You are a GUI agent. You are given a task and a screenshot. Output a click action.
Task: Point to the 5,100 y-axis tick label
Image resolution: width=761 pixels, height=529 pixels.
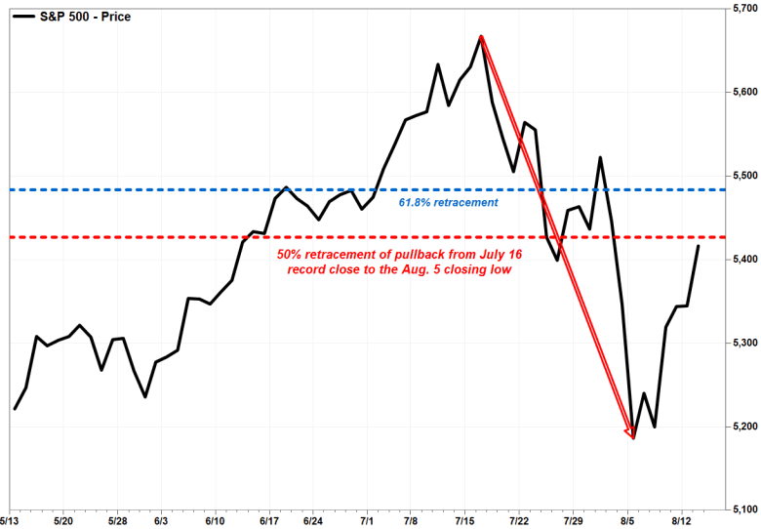pyautogui.click(x=744, y=509)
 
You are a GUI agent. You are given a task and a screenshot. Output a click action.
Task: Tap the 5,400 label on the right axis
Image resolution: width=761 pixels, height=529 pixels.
pyautogui.click(x=744, y=259)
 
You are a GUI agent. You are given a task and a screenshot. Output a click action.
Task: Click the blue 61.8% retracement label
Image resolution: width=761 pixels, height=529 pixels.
pyautogui.click(x=449, y=203)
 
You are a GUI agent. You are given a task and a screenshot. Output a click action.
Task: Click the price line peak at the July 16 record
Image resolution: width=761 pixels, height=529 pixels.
pyautogui.click(x=481, y=37)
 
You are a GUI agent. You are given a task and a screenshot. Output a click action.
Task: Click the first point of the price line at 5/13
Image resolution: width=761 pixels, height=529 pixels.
pyautogui.click(x=15, y=408)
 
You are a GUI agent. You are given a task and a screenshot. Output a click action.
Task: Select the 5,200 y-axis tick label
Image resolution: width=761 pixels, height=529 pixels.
pyautogui.click(x=744, y=427)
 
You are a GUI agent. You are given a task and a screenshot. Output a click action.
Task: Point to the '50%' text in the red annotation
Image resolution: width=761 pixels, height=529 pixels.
pyautogui.click(x=291, y=253)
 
